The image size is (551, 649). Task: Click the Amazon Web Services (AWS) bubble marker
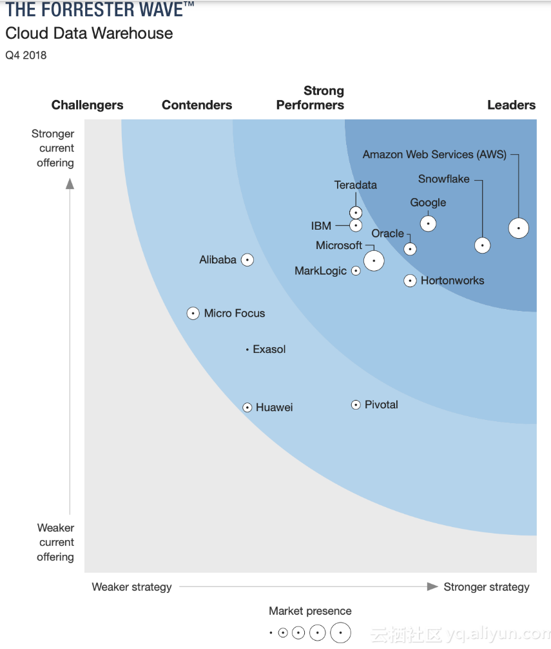click(518, 228)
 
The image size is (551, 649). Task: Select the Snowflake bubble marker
click(482, 245)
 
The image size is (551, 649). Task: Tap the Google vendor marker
click(428, 223)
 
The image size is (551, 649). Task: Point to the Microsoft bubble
click(374, 261)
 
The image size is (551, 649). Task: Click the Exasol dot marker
click(247, 350)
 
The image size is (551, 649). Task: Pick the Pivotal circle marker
click(356, 404)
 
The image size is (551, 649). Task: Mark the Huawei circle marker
click(247, 407)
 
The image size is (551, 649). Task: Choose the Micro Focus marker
click(193, 314)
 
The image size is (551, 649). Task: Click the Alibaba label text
click(218, 260)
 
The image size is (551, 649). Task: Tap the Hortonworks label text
click(452, 281)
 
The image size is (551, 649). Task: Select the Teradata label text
click(356, 185)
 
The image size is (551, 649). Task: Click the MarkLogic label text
click(320, 271)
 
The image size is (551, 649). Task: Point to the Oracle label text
click(388, 234)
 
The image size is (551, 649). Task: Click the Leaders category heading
click(511, 105)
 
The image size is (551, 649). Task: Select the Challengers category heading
click(88, 105)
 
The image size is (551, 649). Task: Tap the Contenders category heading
click(197, 105)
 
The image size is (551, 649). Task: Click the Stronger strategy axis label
click(487, 587)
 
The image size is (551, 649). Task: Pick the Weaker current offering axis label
click(55, 543)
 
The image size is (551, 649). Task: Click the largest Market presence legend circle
click(340, 633)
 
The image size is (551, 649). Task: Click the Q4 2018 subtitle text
click(26, 55)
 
